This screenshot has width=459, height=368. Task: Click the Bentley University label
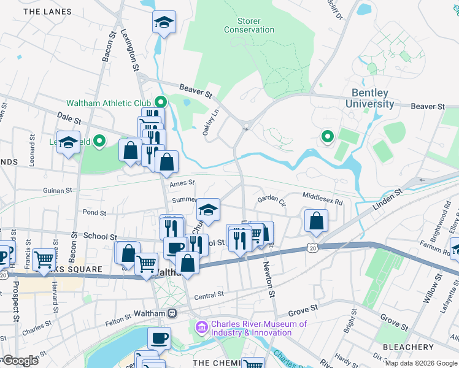pyautogui.click(x=370, y=98)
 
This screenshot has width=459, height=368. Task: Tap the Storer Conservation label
pyautogui.click(x=249, y=25)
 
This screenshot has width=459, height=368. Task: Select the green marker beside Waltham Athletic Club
pyautogui.click(x=161, y=102)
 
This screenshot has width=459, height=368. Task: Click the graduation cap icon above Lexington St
pyautogui.click(x=163, y=23)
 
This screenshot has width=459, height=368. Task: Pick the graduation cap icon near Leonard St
pyautogui.click(x=68, y=142)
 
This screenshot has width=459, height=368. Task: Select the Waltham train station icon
pyautogui.click(x=172, y=313)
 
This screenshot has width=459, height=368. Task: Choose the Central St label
pyautogui.click(x=209, y=296)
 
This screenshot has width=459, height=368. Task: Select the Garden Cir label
pyautogui.click(x=271, y=199)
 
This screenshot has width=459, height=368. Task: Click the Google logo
pyautogui.click(x=20, y=361)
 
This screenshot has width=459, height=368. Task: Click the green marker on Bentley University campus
pyautogui.click(x=327, y=137)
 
